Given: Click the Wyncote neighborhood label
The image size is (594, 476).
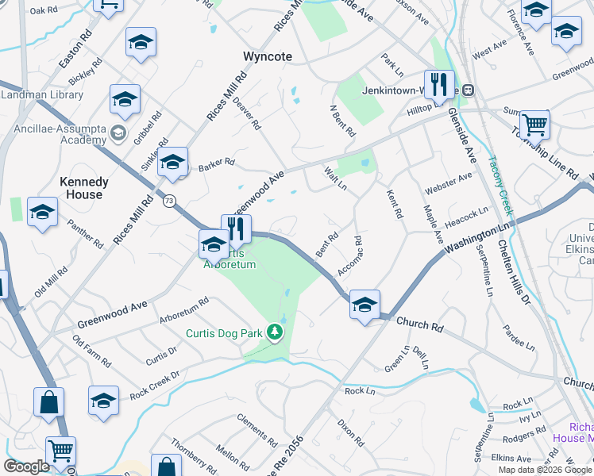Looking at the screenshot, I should coord(268,57).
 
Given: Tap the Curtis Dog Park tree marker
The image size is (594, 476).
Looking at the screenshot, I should coord(275,331).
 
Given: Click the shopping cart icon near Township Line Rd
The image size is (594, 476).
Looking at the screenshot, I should coord(534,125).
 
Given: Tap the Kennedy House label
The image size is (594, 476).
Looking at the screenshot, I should coord(84,188).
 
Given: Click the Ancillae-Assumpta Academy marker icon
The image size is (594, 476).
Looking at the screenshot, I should coord(119,132).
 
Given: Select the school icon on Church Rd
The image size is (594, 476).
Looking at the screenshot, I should coord(364,305).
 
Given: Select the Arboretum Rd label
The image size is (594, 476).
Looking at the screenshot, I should coord(183,311).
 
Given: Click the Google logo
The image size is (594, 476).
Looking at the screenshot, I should coord(26,466).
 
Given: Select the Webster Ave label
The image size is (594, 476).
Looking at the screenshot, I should coord(449,185).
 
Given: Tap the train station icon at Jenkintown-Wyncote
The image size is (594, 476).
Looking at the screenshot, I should coord(469,90).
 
